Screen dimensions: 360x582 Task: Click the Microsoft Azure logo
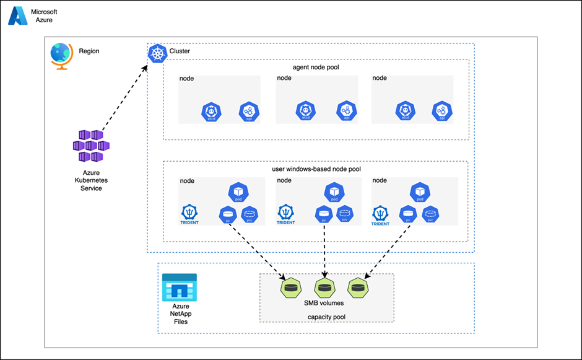click(x=18, y=15)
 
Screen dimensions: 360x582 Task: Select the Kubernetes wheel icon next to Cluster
click(x=158, y=53)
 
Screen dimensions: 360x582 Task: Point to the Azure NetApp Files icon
click(x=179, y=287)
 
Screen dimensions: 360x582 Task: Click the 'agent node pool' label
click(x=316, y=66)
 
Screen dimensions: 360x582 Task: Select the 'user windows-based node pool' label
click(x=315, y=169)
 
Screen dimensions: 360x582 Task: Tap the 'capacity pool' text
click(x=326, y=317)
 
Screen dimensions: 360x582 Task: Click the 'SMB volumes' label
click(x=326, y=303)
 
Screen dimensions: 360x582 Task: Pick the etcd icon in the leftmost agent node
click(x=212, y=112)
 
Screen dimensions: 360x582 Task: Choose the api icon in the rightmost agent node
click(x=442, y=112)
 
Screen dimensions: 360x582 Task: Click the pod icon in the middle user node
click(x=334, y=191)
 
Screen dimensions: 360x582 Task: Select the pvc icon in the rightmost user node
click(x=432, y=214)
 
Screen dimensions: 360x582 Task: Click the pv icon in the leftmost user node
click(x=228, y=214)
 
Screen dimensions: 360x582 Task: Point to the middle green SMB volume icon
click(x=324, y=288)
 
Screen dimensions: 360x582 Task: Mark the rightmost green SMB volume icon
click(x=357, y=288)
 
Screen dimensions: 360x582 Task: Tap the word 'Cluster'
click(x=180, y=51)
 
